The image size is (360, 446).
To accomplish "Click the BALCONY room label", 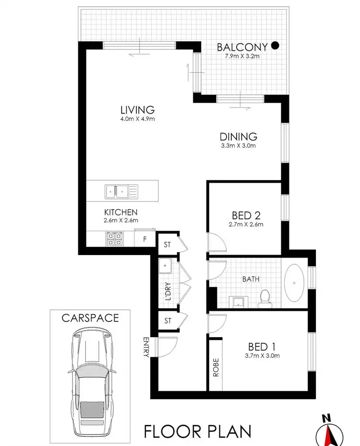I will tap(242, 47).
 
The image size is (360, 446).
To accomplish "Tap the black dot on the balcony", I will tap(275, 46).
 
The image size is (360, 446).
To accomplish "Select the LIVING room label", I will tap(137, 110).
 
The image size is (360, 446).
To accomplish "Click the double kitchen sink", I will tap(121, 191).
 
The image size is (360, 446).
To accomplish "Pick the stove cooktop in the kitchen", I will tap(114, 238).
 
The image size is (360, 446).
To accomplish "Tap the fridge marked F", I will tap(144, 238).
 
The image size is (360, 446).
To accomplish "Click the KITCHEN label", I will tap(121, 212).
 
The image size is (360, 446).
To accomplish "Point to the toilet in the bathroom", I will tap(264, 297).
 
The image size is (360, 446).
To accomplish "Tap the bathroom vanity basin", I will tap(239, 301).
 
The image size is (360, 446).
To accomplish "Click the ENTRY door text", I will tap(146, 346).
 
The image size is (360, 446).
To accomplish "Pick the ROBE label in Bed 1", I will tap(216, 367).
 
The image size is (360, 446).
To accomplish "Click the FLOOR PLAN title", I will tap(198, 431).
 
